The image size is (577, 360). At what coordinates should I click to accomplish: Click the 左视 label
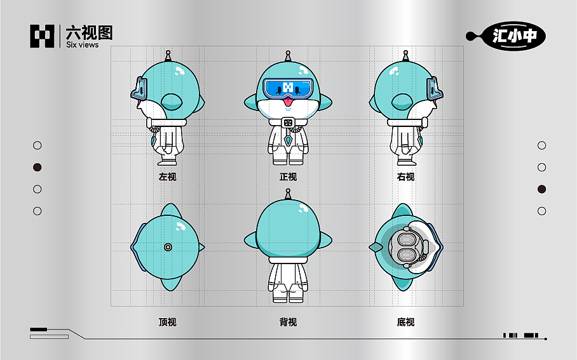pyautogui.click(x=167, y=177)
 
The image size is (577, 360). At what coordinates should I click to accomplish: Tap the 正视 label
pyautogui.click(x=288, y=177)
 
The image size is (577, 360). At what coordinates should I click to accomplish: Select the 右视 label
pyautogui.click(x=405, y=177)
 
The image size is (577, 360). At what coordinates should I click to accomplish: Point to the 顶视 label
pyautogui.click(x=167, y=322)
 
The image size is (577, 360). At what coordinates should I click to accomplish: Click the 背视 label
pyautogui.click(x=288, y=322)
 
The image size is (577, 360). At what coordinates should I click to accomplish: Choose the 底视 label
pyautogui.click(x=405, y=322)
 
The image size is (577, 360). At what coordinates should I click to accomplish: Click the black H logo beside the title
pyautogui.click(x=43, y=36)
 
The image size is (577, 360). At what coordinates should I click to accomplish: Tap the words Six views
pyautogui.click(x=83, y=45)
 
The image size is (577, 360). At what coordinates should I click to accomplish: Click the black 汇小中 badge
pyautogui.click(x=514, y=36)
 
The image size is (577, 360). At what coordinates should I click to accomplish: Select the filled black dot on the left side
pyautogui.click(x=37, y=168)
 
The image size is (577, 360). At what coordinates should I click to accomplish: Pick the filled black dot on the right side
pyautogui.click(x=541, y=189)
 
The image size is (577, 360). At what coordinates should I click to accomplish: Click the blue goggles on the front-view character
pyautogui.click(x=288, y=88)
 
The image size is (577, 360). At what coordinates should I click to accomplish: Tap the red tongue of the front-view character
pyautogui.click(x=288, y=101)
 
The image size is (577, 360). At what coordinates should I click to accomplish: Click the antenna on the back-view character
pyautogui.click(x=288, y=193)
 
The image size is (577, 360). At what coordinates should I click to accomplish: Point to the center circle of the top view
pyautogui.click(x=168, y=246)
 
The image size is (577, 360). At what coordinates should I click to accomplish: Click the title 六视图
pyautogui.click(x=89, y=32)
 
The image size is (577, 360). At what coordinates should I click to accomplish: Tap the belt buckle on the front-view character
pyautogui.click(x=288, y=123)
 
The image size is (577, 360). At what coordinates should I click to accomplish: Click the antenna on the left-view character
pyautogui.click(x=168, y=56)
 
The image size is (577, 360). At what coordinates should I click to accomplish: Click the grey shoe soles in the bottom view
pyautogui.click(x=405, y=246)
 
